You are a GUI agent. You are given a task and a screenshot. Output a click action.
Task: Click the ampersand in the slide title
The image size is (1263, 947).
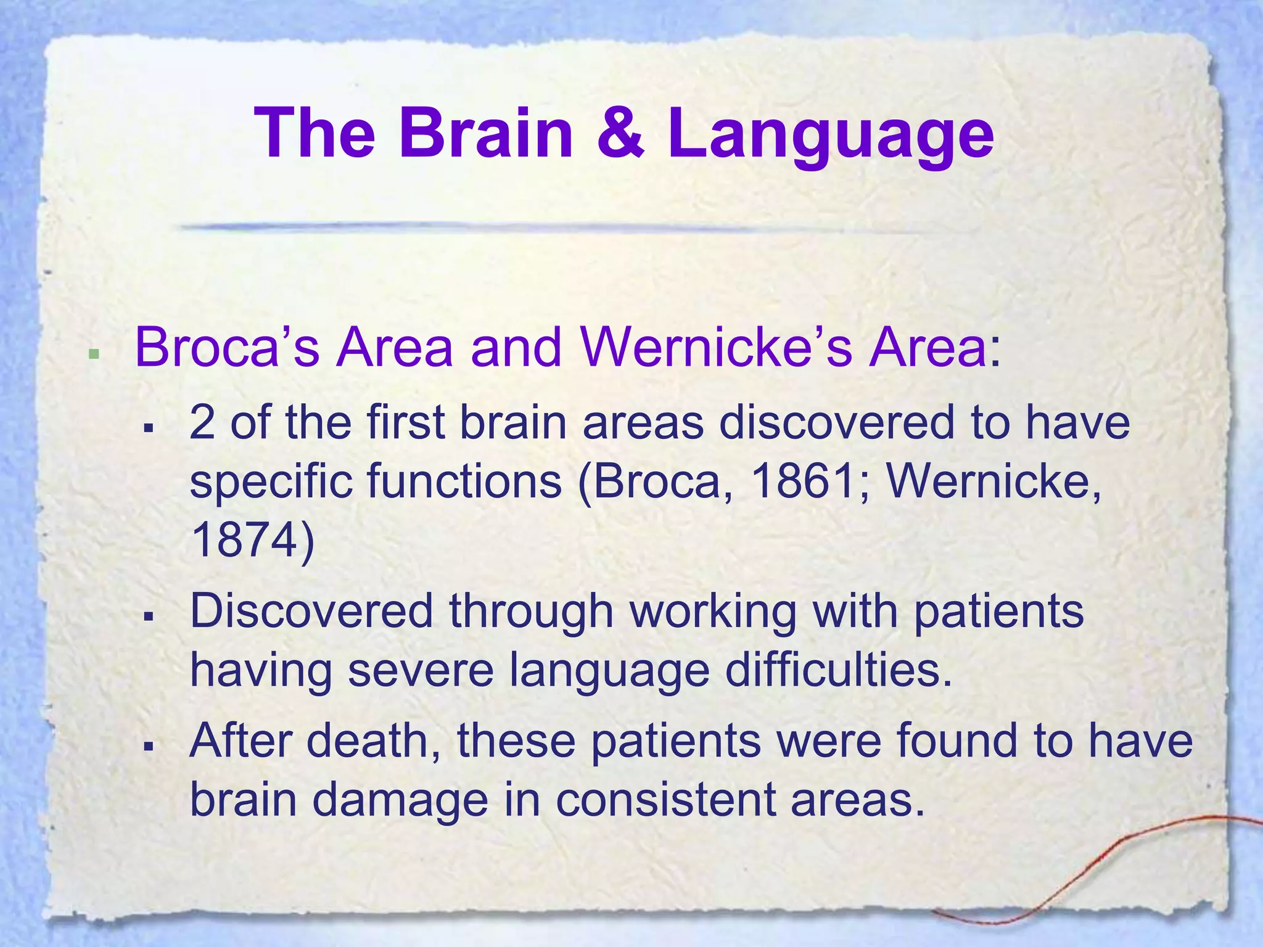(x=621, y=133)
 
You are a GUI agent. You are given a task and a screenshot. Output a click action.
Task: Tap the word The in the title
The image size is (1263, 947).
(x=315, y=133)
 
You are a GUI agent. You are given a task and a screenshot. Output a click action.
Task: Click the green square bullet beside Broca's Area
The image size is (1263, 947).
(x=94, y=354)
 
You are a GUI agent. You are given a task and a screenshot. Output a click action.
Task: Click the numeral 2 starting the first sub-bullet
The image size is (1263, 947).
(x=202, y=423)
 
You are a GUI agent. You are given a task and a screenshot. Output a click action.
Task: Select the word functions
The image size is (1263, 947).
(x=464, y=481)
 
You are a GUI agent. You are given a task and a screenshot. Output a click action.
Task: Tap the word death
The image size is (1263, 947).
(x=376, y=740)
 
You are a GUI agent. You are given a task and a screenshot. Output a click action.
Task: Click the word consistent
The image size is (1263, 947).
(x=665, y=799)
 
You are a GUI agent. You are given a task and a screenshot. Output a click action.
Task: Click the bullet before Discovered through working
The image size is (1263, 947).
(x=147, y=616)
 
